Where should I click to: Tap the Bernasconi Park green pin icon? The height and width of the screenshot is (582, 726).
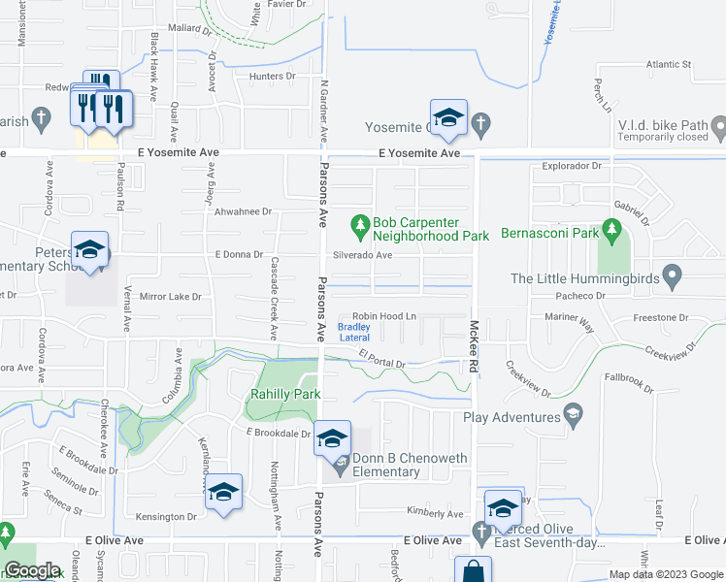click(610, 232)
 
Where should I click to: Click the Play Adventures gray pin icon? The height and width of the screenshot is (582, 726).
click(574, 416)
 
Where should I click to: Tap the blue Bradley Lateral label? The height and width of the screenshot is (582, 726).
click(353, 332)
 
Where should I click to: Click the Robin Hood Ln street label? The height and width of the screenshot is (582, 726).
click(383, 316)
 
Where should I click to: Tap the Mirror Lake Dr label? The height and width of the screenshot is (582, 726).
click(170, 296)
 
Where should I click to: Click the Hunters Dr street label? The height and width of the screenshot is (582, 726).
click(272, 76)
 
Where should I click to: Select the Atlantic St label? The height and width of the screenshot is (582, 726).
click(669, 65)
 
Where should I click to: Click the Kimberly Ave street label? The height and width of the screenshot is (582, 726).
click(436, 512)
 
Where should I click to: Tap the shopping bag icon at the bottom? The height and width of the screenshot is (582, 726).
click(473, 571)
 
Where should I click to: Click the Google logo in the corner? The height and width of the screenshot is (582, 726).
click(32, 570)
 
